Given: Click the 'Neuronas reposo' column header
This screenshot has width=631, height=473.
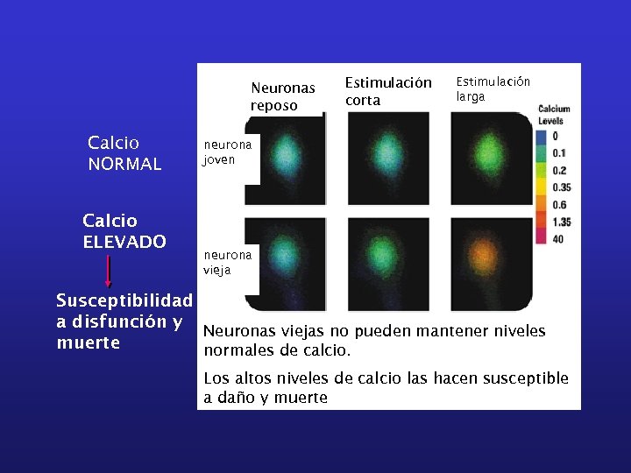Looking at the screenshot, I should pyautogui.click(x=282, y=96).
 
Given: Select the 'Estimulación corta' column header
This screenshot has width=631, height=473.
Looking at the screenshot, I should pyautogui.click(x=387, y=91).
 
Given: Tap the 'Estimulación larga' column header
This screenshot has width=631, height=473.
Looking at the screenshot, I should pyautogui.click(x=493, y=89).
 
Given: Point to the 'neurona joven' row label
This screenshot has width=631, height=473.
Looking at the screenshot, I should pyautogui.click(x=227, y=152).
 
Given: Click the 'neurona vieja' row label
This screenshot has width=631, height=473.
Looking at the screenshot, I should pyautogui.click(x=227, y=262).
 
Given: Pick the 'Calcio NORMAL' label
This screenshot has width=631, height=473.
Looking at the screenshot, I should pyautogui.click(x=124, y=152).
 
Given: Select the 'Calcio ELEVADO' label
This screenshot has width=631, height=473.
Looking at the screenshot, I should pyautogui.click(x=124, y=230).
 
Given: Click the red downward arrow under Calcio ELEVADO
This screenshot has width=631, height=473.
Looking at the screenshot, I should pyautogui.click(x=108, y=271).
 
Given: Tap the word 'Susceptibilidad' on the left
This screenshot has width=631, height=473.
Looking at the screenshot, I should pyautogui.click(x=124, y=301).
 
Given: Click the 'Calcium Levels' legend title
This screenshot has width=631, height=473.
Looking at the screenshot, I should pyautogui.click(x=553, y=115).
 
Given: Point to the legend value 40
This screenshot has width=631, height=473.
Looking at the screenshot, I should pyautogui.click(x=558, y=239).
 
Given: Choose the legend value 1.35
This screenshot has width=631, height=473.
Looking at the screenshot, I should pyautogui.click(x=562, y=222).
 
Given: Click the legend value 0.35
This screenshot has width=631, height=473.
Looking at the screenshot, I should pyautogui.click(x=562, y=187).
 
